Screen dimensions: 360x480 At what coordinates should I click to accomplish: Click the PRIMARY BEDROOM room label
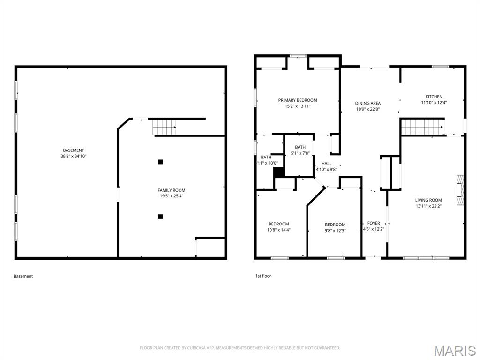[297, 100]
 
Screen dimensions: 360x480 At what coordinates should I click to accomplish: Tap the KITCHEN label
[434, 97]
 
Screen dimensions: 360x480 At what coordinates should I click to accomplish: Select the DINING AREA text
[367, 103]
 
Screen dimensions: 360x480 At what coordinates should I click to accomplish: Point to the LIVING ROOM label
[428, 200]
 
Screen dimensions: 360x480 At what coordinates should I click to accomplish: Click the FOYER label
[374, 223]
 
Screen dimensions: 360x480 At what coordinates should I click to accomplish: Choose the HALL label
[326, 164]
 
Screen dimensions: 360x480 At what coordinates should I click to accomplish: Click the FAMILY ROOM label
[171, 190]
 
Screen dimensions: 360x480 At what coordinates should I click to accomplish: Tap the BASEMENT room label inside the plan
[74, 150]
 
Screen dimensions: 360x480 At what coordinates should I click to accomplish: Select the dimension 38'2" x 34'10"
[74, 156]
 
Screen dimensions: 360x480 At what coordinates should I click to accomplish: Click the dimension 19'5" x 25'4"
[171, 196]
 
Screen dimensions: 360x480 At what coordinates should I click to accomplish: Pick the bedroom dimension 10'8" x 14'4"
[278, 230]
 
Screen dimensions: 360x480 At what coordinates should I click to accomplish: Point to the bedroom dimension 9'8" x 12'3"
[335, 230]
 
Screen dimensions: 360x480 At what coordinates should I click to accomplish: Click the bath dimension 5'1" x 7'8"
[300, 153]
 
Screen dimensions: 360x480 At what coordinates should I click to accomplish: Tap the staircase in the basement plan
[165, 127]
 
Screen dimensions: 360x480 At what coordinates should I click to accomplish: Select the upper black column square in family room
[160, 162]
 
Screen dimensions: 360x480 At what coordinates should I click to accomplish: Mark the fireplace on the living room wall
[461, 190]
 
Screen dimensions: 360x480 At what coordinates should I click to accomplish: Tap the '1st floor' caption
[260, 276]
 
